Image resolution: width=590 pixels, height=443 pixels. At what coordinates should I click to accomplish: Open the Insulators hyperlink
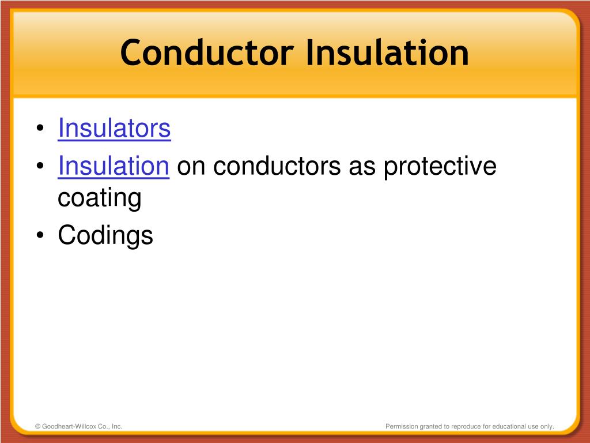[x=114, y=129]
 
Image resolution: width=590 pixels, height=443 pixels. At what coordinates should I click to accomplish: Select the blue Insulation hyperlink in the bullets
[x=113, y=167]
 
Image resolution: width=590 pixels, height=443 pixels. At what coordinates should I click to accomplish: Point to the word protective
[x=440, y=167]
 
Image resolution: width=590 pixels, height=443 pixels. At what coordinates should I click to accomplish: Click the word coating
[x=99, y=198]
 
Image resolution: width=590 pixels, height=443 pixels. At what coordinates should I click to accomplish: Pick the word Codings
[x=105, y=235]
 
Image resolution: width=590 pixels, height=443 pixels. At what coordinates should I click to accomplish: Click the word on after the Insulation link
[x=186, y=167]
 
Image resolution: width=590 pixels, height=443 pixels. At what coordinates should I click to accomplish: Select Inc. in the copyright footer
[x=116, y=426]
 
